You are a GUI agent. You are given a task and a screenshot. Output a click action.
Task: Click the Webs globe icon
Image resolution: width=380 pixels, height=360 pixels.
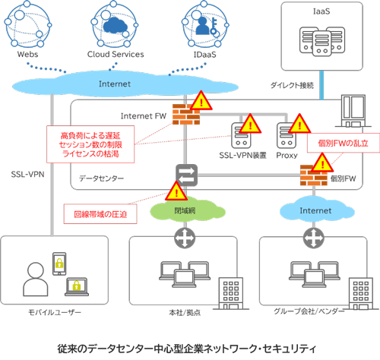(33, 27)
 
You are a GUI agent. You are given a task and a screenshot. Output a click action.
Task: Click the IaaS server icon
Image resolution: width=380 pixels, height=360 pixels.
(319, 43)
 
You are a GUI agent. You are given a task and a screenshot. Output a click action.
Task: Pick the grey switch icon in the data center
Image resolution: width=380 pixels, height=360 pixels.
(183, 172)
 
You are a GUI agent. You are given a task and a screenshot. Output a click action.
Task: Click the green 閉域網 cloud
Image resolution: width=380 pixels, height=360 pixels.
(183, 208)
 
